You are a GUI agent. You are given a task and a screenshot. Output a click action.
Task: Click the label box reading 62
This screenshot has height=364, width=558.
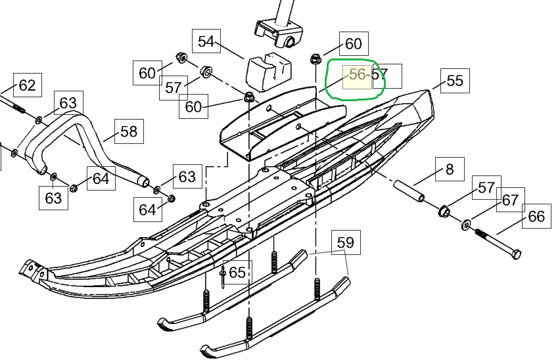tap(27, 85)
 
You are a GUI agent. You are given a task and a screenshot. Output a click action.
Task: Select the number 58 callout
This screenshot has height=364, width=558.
tap(129, 131)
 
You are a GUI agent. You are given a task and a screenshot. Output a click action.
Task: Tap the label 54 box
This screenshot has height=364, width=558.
tap(206, 42)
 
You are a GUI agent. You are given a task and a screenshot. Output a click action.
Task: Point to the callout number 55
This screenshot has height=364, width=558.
tap(455, 80)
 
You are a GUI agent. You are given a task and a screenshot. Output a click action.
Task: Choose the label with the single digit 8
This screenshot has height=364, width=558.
tap(450, 170)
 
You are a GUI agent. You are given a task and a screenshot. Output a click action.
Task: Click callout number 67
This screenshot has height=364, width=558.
tap(510, 200)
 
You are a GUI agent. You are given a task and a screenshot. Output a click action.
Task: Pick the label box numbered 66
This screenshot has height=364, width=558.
tap(536, 216)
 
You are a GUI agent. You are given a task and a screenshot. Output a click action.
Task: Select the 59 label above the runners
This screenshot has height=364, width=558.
tap(345, 242)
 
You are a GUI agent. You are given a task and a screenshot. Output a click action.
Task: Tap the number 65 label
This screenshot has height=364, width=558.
tap(237, 271)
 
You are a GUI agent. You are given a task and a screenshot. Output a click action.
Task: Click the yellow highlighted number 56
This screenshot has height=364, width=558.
tap(358, 75)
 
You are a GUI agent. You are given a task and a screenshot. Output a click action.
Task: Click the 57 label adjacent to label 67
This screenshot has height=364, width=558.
tap(486, 189)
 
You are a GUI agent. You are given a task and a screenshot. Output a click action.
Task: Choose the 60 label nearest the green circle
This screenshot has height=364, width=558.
tap(353, 43)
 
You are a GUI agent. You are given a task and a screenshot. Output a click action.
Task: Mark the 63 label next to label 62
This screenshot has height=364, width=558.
tap(68, 103)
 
